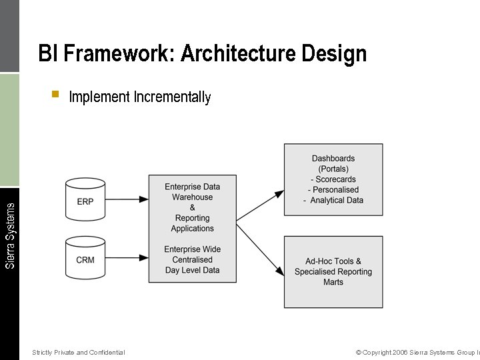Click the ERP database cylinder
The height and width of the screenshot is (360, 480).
(85, 201)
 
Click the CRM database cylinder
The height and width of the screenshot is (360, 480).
(85, 259)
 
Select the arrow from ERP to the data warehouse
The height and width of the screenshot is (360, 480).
(127, 199)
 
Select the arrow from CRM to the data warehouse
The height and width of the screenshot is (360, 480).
(127, 257)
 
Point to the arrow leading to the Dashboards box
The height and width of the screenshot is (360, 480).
(260, 206)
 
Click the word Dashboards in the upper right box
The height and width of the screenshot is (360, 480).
(333, 159)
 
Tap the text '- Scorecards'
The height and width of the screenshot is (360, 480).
(333, 179)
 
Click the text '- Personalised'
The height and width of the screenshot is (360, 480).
(333, 190)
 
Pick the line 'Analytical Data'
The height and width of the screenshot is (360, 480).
(337, 201)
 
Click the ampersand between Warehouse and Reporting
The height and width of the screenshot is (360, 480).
(192, 208)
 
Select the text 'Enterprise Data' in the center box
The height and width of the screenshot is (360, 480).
(192, 187)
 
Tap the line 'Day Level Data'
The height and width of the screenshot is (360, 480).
(192, 270)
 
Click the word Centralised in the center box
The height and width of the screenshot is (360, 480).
(192, 260)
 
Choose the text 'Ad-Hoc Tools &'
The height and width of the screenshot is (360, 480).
(333, 261)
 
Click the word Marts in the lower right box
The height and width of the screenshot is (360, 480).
(333, 282)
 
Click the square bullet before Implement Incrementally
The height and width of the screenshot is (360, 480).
(55, 94)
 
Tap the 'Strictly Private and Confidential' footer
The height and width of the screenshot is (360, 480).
(78, 352)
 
